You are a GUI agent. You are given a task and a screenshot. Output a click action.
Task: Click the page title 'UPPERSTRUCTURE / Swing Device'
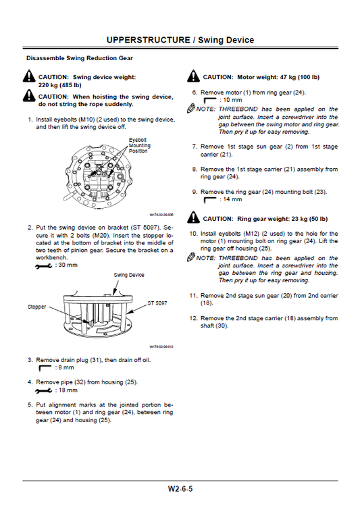180,40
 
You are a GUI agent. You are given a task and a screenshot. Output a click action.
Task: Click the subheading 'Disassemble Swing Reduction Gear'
79,59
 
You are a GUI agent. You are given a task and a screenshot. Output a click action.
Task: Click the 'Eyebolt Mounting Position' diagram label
140,145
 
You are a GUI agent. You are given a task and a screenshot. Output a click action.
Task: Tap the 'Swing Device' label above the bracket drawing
129,276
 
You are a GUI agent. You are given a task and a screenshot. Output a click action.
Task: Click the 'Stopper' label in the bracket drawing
36,307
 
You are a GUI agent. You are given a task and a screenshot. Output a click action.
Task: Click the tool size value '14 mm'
232,200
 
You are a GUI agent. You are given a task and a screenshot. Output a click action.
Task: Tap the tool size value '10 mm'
232,100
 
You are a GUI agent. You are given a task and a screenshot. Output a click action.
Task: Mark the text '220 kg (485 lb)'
59,86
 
